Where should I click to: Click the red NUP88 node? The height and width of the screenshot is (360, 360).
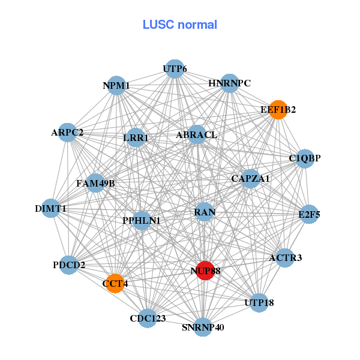coord(205,271)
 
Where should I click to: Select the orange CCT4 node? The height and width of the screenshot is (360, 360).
coord(115,283)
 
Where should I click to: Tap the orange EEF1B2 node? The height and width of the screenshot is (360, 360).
coord(278,109)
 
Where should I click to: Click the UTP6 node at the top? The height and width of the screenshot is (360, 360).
coord(174,69)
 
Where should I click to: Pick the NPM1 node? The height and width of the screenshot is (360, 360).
coord(116,86)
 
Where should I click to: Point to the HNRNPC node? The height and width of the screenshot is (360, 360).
coord(230,83)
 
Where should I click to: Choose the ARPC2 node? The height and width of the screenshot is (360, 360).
coord(67,132)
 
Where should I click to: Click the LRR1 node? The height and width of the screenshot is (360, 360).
coord(136,137)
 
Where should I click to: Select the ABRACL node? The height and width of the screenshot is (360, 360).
coord(197,135)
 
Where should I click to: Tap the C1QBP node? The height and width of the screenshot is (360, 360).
coord(305,158)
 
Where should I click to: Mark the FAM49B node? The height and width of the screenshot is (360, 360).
coord(95,182)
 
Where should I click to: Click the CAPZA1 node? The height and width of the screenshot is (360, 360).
coord(250,178)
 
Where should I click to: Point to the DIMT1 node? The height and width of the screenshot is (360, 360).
coord(51,208)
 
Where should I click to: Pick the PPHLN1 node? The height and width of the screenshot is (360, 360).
coord(142,220)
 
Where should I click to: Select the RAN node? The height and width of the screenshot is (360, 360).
coord(205,212)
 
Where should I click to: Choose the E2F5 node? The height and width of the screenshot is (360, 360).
coord(309,214)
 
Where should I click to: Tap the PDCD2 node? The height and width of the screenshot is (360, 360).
coord(69,265)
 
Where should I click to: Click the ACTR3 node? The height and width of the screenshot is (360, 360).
coord(285,258)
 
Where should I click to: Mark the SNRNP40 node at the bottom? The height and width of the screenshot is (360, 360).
coord(202,327)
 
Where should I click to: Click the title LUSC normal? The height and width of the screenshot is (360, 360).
coord(179,25)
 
